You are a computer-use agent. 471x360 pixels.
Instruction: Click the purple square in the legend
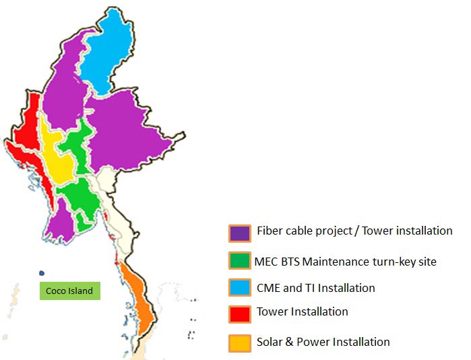pyautogui.click(x=240, y=233)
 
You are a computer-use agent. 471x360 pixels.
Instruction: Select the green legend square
pyautogui.click(x=240, y=261)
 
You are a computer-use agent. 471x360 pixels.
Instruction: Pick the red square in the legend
pyautogui.click(x=240, y=313)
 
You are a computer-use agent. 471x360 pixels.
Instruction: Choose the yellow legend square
pyautogui.click(x=240, y=342)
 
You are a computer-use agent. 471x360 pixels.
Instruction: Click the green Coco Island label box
pyautogui.click(x=69, y=291)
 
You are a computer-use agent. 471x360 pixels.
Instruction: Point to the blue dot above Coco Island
pyautogui.click(x=42, y=273)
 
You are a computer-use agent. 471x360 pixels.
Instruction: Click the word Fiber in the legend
pyautogui.click(x=270, y=231)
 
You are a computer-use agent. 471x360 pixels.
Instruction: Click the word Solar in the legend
pyautogui.click(x=271, y=342)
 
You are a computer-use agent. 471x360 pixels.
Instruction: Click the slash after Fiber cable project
pyautogui.click(x=356, y=231)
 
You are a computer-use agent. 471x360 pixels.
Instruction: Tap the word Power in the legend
pyautogui.click(x=317, y=342)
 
